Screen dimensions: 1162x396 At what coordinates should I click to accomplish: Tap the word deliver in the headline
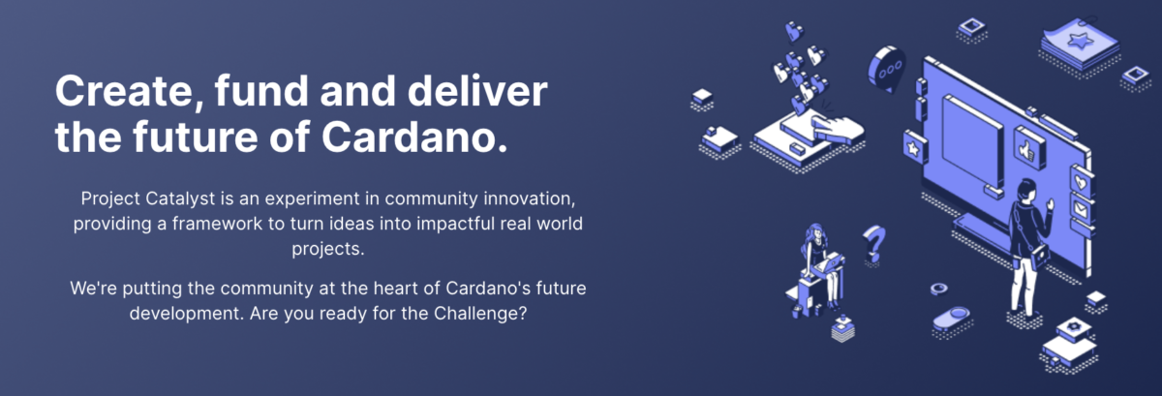tap(477, 91)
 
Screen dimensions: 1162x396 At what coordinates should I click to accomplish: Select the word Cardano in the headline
tap(409, 137)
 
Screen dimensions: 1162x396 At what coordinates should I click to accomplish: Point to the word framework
tap(217, 224)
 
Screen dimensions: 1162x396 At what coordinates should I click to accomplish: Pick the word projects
tap(327, 249)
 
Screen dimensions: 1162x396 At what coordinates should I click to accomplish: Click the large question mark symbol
tap(873, 243)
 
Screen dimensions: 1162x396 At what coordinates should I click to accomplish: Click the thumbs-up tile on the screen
tap(1028, 148)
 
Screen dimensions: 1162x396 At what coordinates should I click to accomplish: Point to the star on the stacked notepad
tap(1080, 40)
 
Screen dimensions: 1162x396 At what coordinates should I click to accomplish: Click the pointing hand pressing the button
tap(837, 127)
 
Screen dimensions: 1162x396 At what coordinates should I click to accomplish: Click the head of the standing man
tap(1026, 190)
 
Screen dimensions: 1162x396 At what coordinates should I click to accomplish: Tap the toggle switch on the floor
tap(951, 318)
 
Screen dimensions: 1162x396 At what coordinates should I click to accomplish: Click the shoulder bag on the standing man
tap(1040, 256)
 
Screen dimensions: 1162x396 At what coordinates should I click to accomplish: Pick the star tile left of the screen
tap(914, 148)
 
